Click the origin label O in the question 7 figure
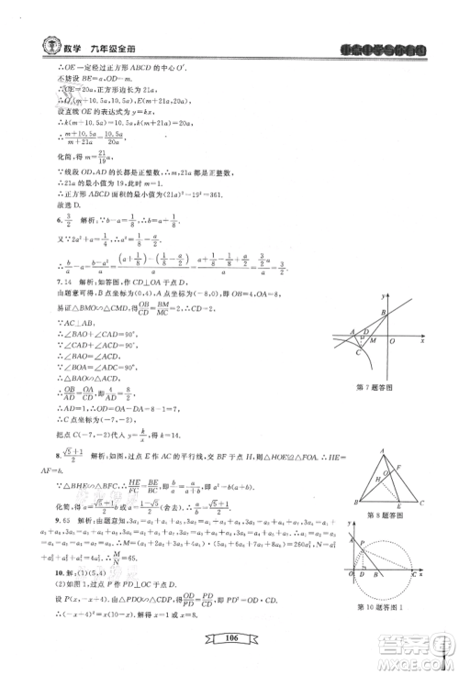tap(393, 338)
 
